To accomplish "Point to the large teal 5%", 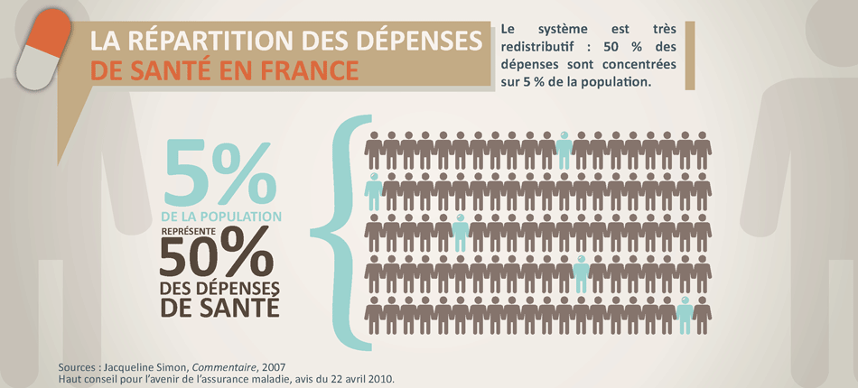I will click(x=219, y=173).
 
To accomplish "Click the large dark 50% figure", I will click(x=216, y=255).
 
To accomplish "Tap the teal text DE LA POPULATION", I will click(x=220, y=217).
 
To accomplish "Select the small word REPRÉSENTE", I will click(x=189, y=231).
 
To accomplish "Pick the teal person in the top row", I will click(x=564, y=149).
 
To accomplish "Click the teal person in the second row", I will click(x=373, y=190).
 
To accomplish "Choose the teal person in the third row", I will click(x=460, y=233).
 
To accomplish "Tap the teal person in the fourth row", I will click(x=581, y=273).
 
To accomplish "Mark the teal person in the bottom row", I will click(x=685, y=316).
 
